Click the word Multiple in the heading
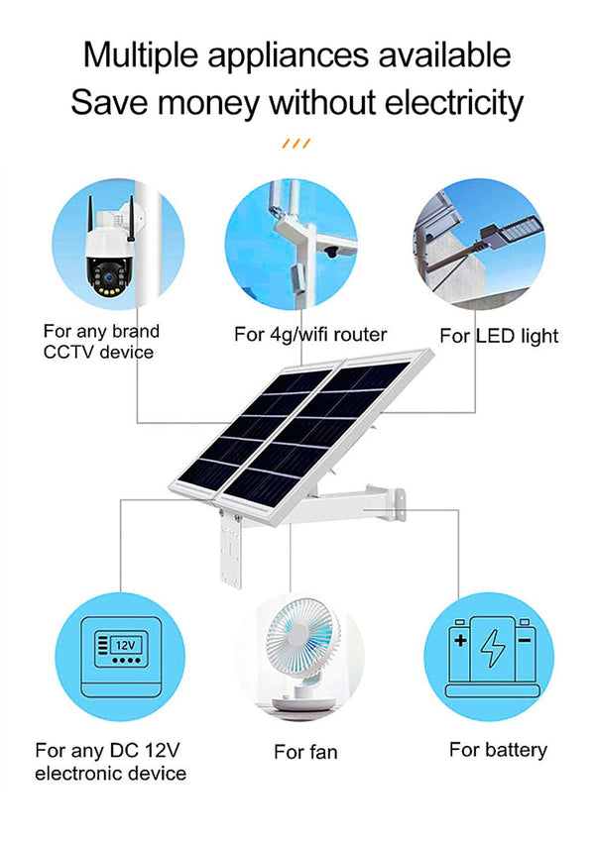pos(140,55)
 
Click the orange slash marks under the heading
pos(297,144)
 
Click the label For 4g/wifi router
pos(310,335)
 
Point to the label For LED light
pos(499,336)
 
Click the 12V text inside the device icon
pos(125,645)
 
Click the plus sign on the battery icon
pos(459,641)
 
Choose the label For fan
pos(305,753)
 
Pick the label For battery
pos(498,750)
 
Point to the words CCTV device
pos(98,352)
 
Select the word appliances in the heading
pos(295,55)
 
